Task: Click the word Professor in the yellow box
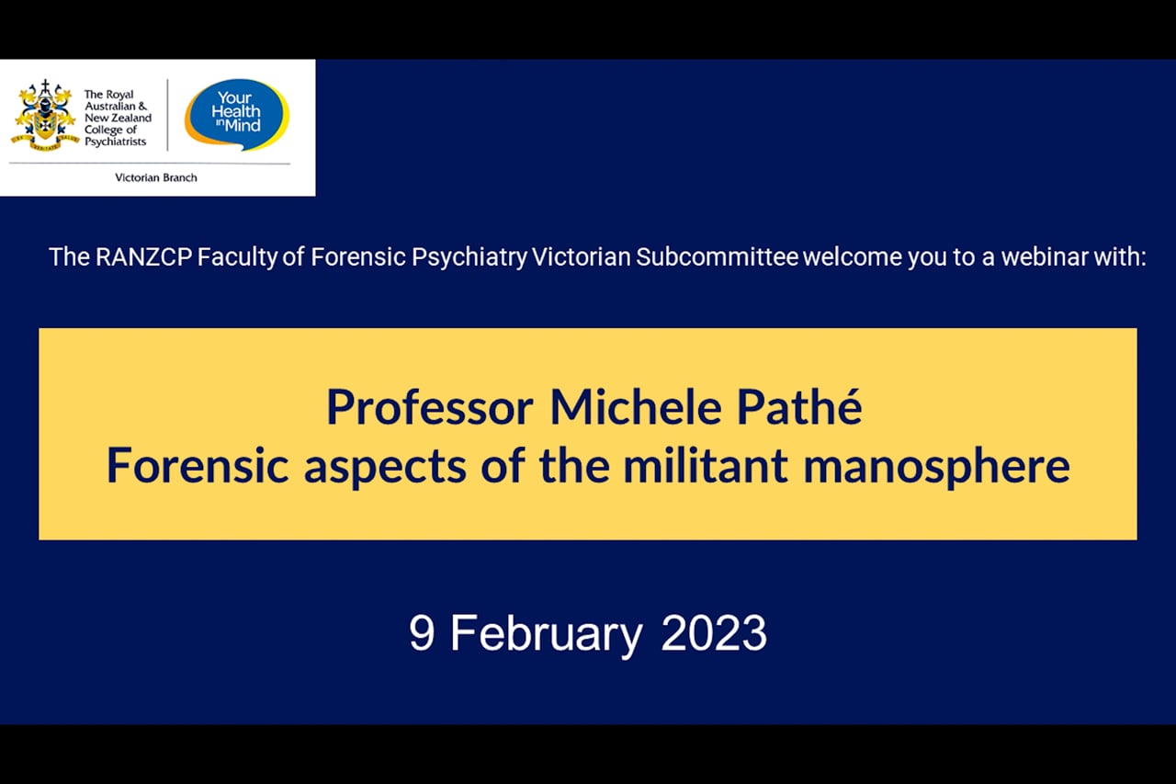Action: pyautogui.click(x=430, y=409)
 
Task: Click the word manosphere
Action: pyautogui.click(x=936, y=467)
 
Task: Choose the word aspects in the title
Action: pyautogui.click(x=385, y=467)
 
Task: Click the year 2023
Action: pyautogui.click(x=714, y=633)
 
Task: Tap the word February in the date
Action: pyautogui.click(x=547, y=635)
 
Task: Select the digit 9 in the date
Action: pyautogui.click(x=422, y=633)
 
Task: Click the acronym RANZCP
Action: pyautogui.click(x=144, y=257)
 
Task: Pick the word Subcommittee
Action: pyautogui.click(x=718, y=257)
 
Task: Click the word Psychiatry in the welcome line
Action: pyautogui.click(x=469, y=258)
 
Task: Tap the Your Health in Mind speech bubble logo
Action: pyautogui.click(x=237, y=114)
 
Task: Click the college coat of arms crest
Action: pyautogui.click(x=45, y=116)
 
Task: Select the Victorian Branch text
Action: pyautogui.click(x=156, y=178)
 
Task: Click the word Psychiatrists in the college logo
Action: pyautogui.click(x=116, y=142)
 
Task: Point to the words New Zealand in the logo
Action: pyautogui.click(x=119, y=118)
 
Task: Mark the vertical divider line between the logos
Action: pyautogui.click(x=168, y=115)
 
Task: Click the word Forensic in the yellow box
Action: pyautogui.click(x=198, y=465)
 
